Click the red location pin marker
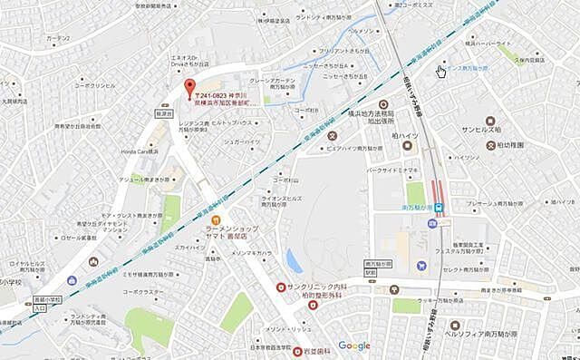(x=189, y=88)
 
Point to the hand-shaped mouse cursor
(x=440, y=71)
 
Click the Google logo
(x=354, y=345)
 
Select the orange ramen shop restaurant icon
(x=216, y=220)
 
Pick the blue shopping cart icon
(x=421, y=266)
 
